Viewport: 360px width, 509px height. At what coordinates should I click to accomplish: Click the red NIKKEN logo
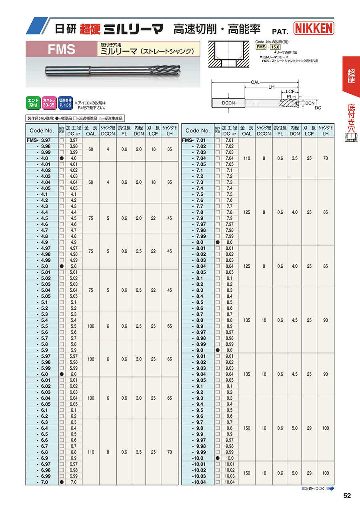tap(314, 28)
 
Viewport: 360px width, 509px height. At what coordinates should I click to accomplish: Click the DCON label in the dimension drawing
tap(229, 103)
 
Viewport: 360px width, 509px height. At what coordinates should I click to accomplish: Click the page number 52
tap(347, 496)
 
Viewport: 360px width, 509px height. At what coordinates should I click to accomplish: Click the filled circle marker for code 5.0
tap(62, 266)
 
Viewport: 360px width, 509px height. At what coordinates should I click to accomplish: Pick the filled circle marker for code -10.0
tap(218, 458)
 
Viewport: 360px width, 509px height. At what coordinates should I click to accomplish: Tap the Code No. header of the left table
tap(42, 130)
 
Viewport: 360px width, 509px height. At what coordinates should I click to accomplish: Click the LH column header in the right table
tap(325, 134)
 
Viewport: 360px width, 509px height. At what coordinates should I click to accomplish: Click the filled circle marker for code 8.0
tap(218, 242)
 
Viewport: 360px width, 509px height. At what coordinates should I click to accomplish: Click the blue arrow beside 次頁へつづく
tap(330, 489)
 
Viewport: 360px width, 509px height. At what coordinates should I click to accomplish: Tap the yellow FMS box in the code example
tap(261, 47)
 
